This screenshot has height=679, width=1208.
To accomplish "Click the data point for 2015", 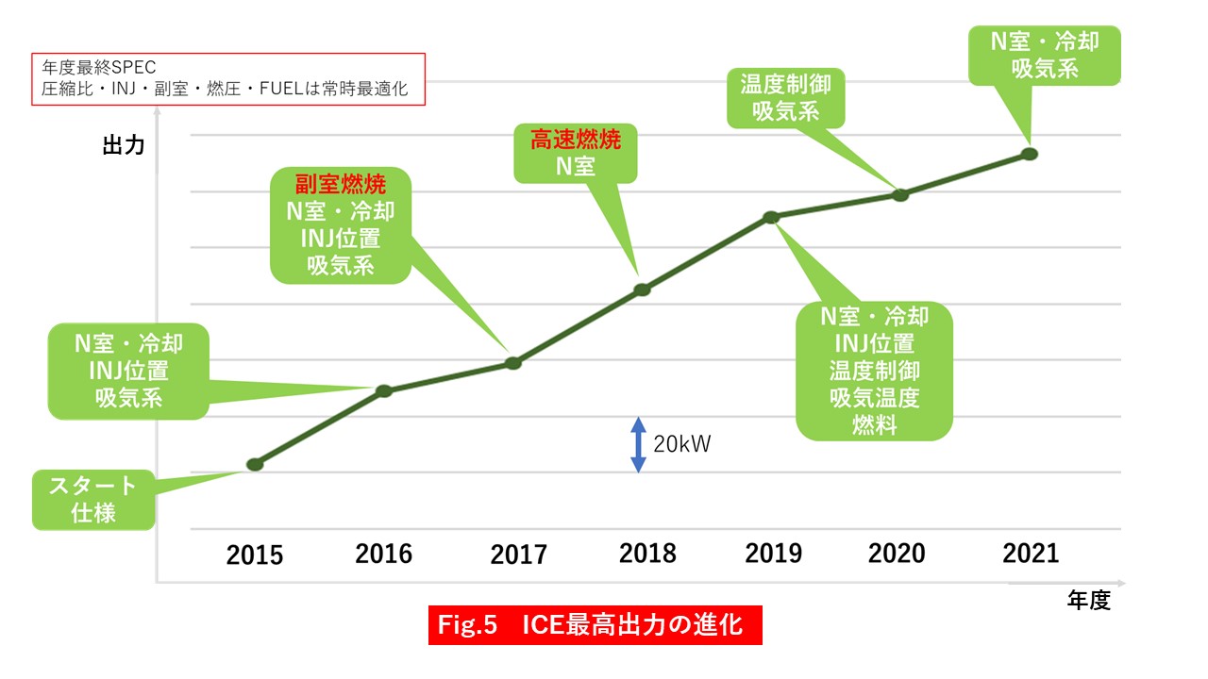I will point(254,464).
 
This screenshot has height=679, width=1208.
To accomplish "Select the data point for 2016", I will point(384,390).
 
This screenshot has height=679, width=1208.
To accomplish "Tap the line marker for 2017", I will point(513,363).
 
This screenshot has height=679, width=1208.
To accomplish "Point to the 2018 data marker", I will point(642,290).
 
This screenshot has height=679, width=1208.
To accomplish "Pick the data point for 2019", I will point(771,217).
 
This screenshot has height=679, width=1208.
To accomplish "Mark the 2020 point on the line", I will point(900,195).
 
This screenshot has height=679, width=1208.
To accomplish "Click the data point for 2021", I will point(1030,154).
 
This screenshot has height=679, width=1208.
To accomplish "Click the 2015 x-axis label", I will point(254,555).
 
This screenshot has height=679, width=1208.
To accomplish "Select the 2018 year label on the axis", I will point(647,554).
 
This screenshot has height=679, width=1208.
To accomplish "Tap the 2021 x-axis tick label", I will point(1031,554).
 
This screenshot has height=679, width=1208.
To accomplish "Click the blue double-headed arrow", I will point(638,444).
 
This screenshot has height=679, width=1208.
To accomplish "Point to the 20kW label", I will point(681,444).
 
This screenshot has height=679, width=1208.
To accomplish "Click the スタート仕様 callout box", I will point(92,500).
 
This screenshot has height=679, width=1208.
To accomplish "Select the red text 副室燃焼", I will point(340,182).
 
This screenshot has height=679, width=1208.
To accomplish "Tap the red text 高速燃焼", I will point(575,141).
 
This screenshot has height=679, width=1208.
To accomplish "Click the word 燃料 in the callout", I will point(874,424).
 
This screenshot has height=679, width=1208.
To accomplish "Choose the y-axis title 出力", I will point(124,145).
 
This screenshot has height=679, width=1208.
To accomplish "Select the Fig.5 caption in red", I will point(595,625).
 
